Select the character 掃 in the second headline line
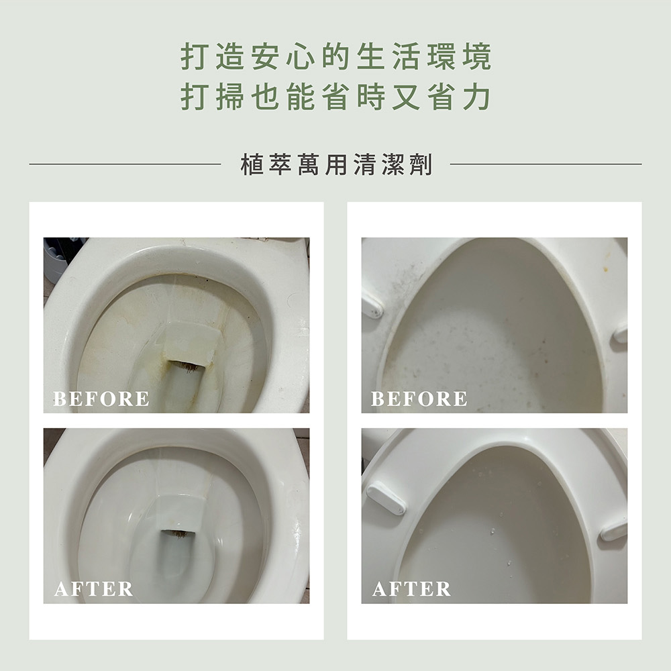(230, 97)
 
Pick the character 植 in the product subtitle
(252, 164)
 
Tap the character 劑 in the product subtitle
(421, 164)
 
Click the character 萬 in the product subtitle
(308, 164)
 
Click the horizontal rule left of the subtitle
(125, 164)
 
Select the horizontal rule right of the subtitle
(546, 164)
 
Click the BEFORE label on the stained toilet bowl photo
(101, 399)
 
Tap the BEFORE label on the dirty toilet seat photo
(419, 399)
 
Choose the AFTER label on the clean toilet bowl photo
(94, 589)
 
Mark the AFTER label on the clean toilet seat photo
(412, 589)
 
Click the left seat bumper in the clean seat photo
(386, 498)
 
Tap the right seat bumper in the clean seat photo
(614, 531)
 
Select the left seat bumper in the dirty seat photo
(372, 305)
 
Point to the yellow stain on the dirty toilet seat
(606, 269)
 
